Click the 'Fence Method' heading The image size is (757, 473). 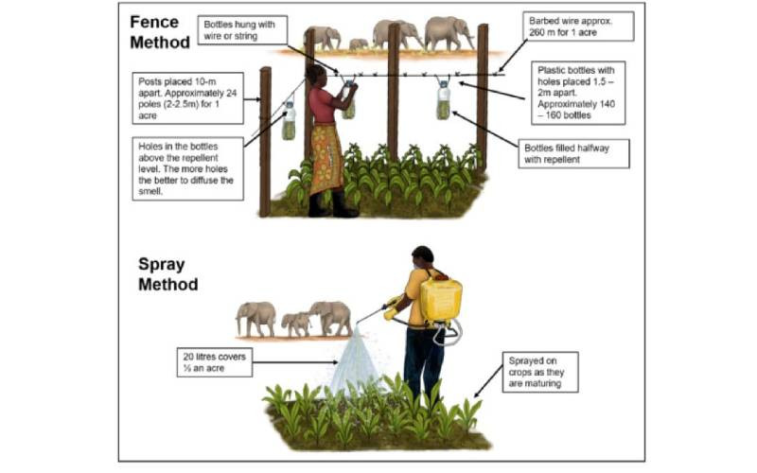click(x=160, y=32)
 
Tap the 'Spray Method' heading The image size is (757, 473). click(x=168, y=274)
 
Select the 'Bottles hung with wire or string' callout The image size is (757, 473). click(x=242, y=30)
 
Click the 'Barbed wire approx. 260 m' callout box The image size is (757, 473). click(x=578, y=26)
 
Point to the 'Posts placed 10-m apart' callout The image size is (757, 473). click(x=187, y=98)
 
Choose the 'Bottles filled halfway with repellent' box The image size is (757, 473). click(x=574, y=154)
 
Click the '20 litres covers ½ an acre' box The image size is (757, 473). click(x=215, y=362)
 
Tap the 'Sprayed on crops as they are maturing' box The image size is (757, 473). click(x=540, y=372)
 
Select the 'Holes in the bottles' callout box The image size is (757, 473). click(x=187, y=169)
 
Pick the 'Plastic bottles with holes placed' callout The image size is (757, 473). click(x=578, y=93)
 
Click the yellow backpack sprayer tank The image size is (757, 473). click(x=440, y=300)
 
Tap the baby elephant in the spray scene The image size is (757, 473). click(x=296, y=324)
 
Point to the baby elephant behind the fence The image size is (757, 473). click(x=359, y=44)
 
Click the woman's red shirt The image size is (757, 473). click(x=323, y=105)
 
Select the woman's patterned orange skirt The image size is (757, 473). click(x=326, y=158)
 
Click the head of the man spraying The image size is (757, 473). click(x=423, y=257)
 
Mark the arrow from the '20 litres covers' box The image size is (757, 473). click(x=295, y=362)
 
